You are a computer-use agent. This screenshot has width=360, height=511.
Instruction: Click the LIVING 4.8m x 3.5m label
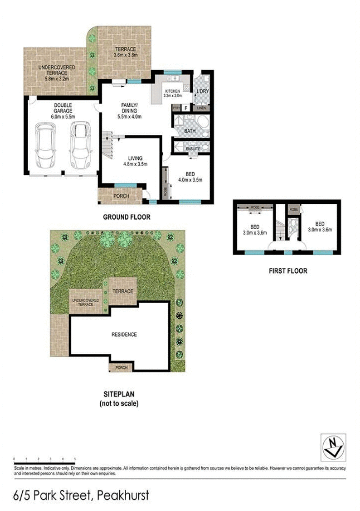tap(134, 160)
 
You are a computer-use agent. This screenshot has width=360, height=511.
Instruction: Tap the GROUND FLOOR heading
tap(126, 217)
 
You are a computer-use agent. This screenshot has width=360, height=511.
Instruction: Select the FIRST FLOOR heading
tap(287, 271)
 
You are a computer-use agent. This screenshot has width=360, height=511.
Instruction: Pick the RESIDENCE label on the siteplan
tap(124, 334)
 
